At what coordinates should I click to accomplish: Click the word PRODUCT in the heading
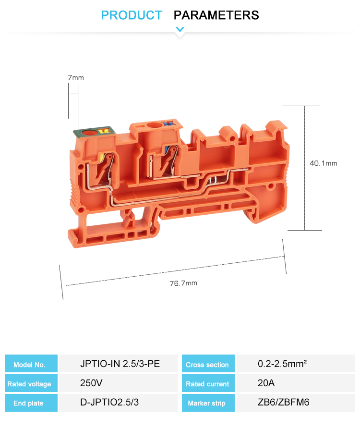coord(132,15)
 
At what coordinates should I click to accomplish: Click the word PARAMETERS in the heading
coord(216,15)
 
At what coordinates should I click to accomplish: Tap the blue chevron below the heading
coord(180,29)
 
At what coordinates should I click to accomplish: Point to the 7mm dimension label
coord(76,78)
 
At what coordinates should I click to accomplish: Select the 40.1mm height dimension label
coord(324,163)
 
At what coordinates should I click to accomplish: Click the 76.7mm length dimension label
coord(183,283)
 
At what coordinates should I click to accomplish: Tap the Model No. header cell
coord(31,363)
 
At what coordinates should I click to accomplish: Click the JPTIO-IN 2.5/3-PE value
coord(120,364)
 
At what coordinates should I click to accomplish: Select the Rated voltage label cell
coord(31,383)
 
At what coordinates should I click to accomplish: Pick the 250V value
coord(91,383)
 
